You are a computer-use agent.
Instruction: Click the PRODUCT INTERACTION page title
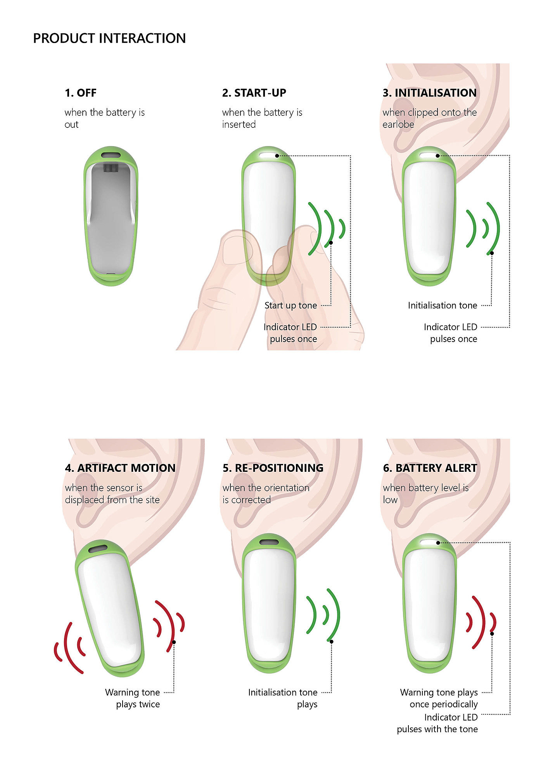tap(109, 38)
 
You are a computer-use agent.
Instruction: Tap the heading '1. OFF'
tap(81, 93)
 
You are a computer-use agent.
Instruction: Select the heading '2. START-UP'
tap(254, 93)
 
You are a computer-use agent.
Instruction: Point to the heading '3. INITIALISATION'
tap(429, 93)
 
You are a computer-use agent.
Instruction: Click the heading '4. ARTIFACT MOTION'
tap(120, 468)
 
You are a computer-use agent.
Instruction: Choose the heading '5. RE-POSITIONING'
tap(273, 468)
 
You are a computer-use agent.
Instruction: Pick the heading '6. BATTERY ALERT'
tap(430, 468)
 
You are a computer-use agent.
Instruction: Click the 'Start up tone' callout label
tap(291, 305)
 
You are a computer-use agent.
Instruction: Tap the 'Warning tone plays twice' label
tap(133, 698)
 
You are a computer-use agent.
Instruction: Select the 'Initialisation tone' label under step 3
tap(442, 305)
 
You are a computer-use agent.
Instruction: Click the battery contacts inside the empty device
tap(111, 168)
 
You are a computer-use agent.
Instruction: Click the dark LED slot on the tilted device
tap(98, 549)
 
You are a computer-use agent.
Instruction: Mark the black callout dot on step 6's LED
tap(438, 543)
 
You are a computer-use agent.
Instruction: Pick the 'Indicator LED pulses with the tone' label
tap(437, 723)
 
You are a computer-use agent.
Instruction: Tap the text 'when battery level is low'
tap(425, 494)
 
